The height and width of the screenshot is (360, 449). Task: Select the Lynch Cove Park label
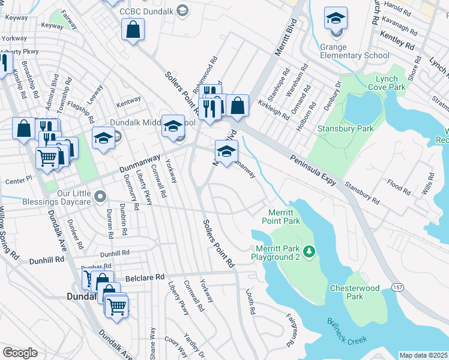[387, 83]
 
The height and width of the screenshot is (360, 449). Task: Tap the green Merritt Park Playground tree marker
[309, 250]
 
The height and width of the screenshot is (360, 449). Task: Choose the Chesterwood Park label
[355, 292]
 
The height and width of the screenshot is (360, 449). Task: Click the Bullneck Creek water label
[346, 331]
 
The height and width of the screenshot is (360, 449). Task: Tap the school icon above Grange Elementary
[336, 19]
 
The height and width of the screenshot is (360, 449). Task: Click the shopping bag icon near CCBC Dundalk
[133, 29]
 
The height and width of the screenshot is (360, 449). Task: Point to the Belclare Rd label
[145, 278]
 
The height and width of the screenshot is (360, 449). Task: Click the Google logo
[20, 353]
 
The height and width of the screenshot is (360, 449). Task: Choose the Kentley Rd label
[397, 46]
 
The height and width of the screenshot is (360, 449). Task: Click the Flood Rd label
[397, 187]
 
